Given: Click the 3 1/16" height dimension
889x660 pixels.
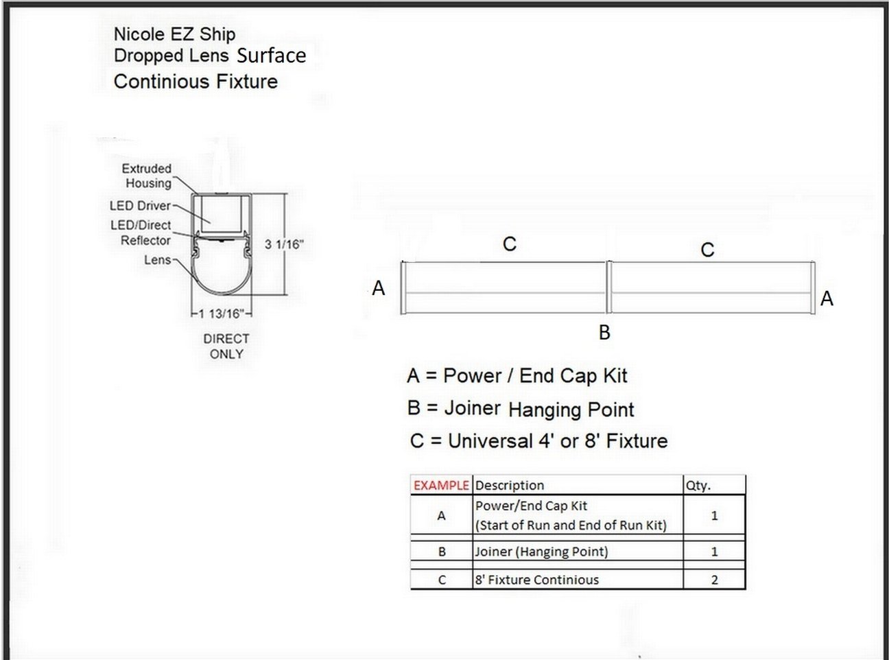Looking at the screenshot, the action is (284, 244).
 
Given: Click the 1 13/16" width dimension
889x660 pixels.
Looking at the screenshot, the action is (222, 314).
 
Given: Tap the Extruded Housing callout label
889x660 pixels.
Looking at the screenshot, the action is (147, 176).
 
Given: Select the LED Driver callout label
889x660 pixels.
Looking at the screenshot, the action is (141, 206).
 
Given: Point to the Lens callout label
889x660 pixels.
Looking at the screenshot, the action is (158, 260).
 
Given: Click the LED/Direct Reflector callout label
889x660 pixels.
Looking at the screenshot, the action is (141, 233).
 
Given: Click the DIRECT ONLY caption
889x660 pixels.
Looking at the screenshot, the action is (226, 346).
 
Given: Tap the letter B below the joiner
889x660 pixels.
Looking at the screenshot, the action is (604, 333).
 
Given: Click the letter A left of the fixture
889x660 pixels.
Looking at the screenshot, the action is (379, 288).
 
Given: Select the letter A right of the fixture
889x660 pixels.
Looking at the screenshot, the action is (827, 298).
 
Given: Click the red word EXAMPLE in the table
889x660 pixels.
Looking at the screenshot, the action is (441, 486).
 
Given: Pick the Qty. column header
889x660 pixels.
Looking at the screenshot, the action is (698, 486).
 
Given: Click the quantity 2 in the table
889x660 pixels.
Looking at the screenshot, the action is (714, 580).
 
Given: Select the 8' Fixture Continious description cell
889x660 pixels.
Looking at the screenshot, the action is (537, 580).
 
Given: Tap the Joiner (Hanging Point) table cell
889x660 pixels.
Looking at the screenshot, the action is (541, 552).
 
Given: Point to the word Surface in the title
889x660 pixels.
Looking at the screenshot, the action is (272, 56).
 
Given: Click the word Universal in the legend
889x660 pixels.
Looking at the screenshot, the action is (490, 441).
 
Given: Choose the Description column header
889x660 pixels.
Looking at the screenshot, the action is (510, 486).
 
